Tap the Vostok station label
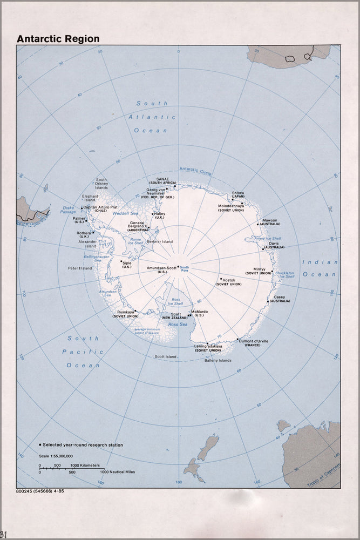tap(229, 280)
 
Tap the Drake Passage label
tap(69, 210)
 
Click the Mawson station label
tap(270, 220)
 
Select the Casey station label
tap(280, 297)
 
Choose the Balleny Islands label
tap(218, 360)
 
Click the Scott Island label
tap(166, 356)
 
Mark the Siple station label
tap(127, 263)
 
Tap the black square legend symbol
tap(40, 445)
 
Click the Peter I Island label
tap(79, 268)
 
